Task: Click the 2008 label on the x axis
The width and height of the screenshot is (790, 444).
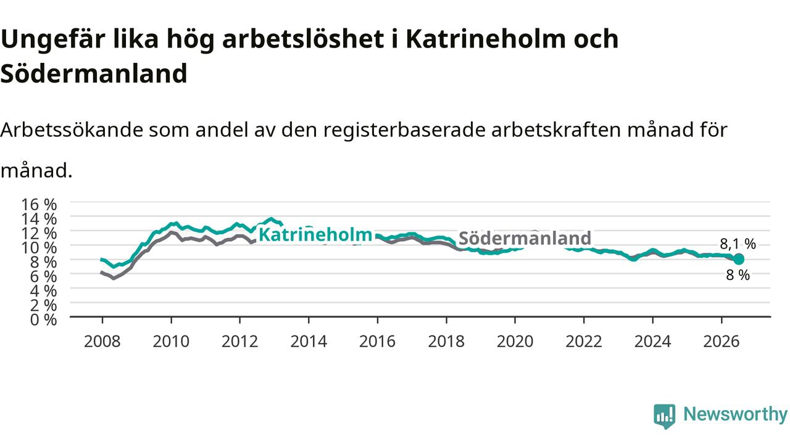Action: [x=102, y=342]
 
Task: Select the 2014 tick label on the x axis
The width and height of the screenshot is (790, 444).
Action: [x=309, y=342]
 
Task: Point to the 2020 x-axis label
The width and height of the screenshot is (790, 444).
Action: [x=515, y=342]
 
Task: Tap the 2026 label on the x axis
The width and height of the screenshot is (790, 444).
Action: [x=721, y=342]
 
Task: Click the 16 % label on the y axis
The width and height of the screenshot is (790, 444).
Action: [x=39, y=205]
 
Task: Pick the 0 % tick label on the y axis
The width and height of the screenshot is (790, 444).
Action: [x=43, y=320]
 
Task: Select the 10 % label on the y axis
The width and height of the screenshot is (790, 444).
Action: [x=39, y=248]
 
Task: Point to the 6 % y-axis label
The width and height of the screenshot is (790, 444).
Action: [x=43, y=277]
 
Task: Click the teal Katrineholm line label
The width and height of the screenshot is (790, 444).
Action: [x=315, y=235]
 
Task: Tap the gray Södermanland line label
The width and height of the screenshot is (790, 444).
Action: [x=525, y=238]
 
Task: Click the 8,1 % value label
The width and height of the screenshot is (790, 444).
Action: [x=738, y=244]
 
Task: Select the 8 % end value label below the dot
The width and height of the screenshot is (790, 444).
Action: [x=738, y=275]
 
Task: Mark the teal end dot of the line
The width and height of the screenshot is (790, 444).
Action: [x=739, y=259]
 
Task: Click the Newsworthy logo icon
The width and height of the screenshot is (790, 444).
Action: [x=665, y=416]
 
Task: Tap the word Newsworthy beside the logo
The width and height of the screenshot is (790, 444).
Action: [x=736, y=414]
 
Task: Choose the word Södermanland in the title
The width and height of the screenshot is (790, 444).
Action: [x=94, y=73]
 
